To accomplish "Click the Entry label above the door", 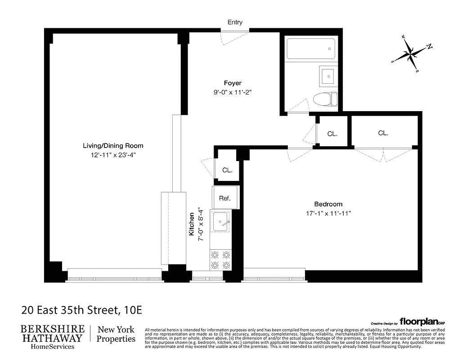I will pyautogui.click(x=235, y=22).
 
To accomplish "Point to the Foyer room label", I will pyautogui.click(x=233, y=83).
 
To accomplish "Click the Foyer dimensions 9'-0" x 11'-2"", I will pyautogui.click(x=233, y=93).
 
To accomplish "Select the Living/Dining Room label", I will pyautogui.click(x=113, y=145).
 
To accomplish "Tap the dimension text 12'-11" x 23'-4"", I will pyautogui.click(x=113, y=156).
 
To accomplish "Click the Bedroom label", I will pyautogui.click(x=328, y=204).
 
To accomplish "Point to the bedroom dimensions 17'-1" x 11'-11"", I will pyautogui.click(x=328, y=214).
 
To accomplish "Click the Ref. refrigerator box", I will pyautogui.click(x=225, y=198).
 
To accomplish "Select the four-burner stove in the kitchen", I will pyautogui.click(x=220, y=260).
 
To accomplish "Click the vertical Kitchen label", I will pyautogui.click(x=192, y=224).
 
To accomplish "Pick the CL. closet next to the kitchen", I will pyautogui.click(x=227, y=170).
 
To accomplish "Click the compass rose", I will pyautogui.click(x=411, y=54).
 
